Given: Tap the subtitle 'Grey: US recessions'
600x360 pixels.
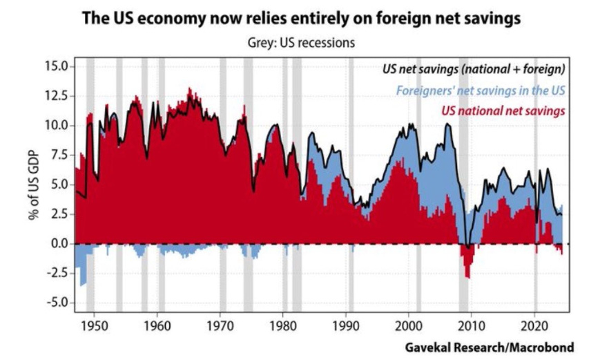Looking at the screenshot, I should click(x=300, y=42).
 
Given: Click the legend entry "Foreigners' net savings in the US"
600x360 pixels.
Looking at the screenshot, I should click(x=481, y=90).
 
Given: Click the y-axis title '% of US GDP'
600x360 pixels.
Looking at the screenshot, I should click(x=34, y=184).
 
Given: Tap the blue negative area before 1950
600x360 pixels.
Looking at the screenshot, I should click(x=82, y=269).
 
